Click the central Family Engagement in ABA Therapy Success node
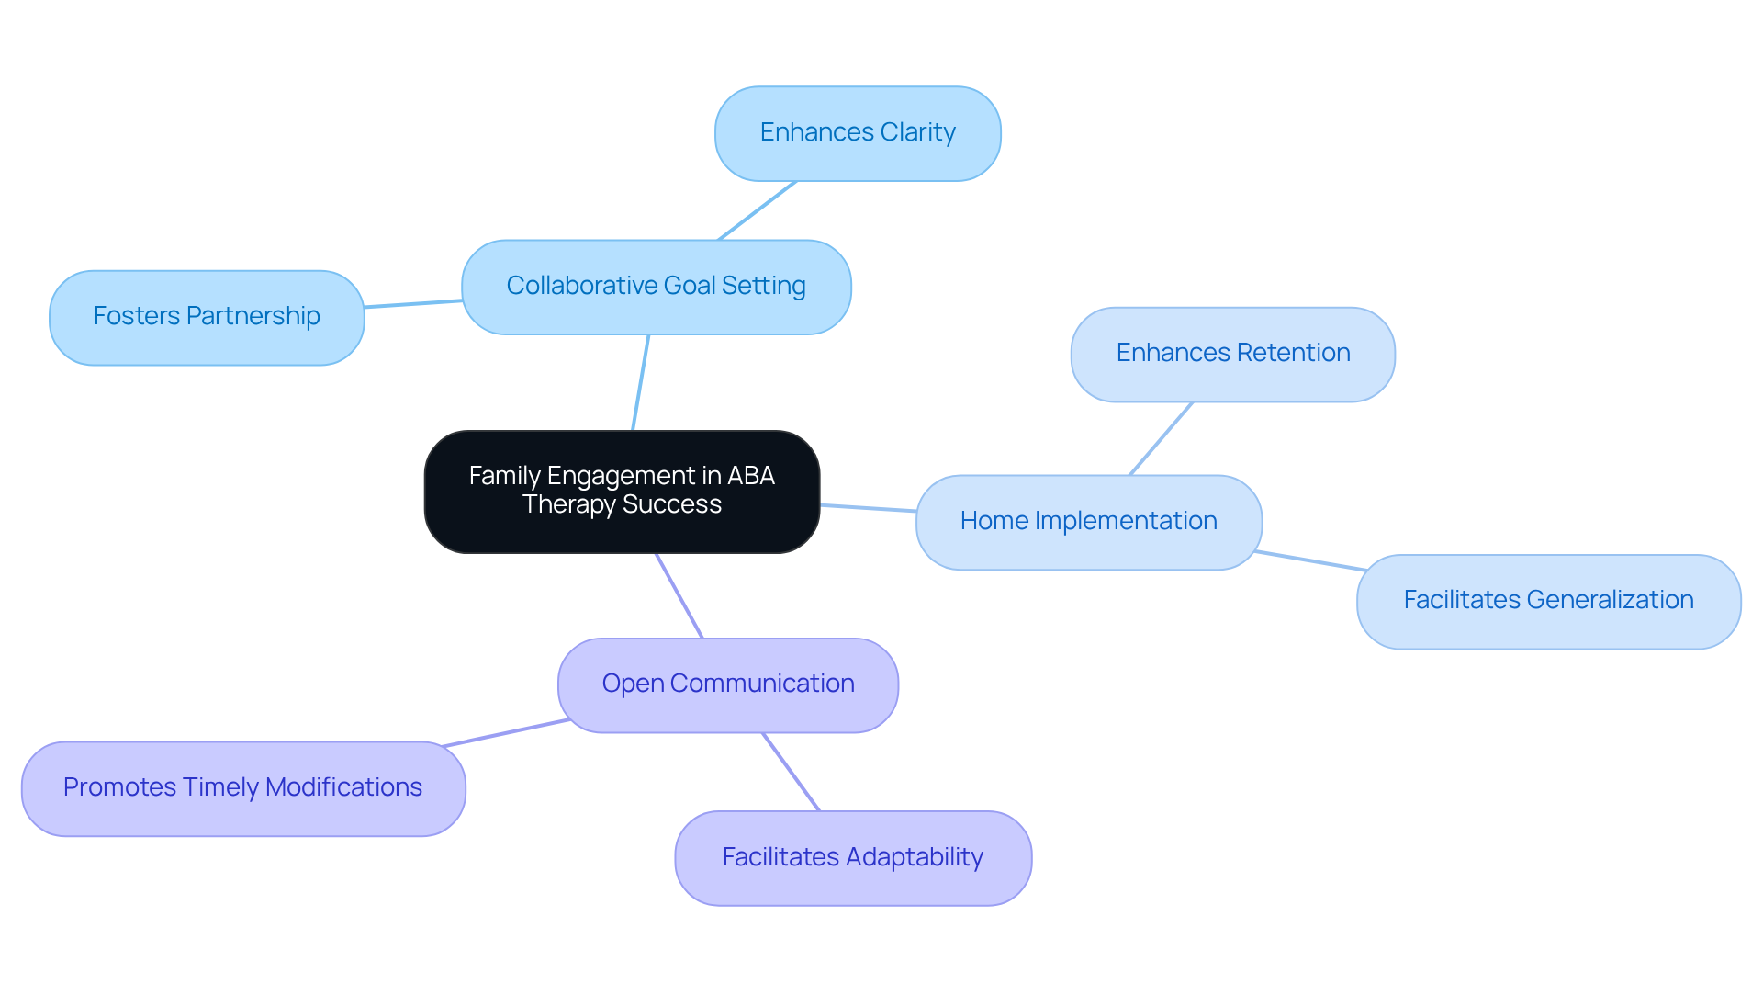tap(622, 492)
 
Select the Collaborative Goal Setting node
tap(656, 287)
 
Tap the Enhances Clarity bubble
tap(858, 133)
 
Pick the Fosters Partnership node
tap(207, 317)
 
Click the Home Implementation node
tap(1088, 522)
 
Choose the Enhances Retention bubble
tap(1232, 354)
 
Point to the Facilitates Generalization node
tap(1548, 601)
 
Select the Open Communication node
tap(727, 684)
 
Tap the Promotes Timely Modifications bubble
tap(243, 788)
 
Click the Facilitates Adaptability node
tap(852, 857)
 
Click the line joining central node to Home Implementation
tap(868, 508)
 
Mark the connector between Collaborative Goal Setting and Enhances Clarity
tap(757, 210)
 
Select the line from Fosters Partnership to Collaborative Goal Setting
tap(413, 304)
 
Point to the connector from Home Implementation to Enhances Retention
tap(1161, 438)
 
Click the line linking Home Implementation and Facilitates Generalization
tap(1310, 560)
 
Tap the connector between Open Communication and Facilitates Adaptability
tap(791, 772)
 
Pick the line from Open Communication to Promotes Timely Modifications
tap(505, 733)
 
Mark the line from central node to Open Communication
tap(679, 595)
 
